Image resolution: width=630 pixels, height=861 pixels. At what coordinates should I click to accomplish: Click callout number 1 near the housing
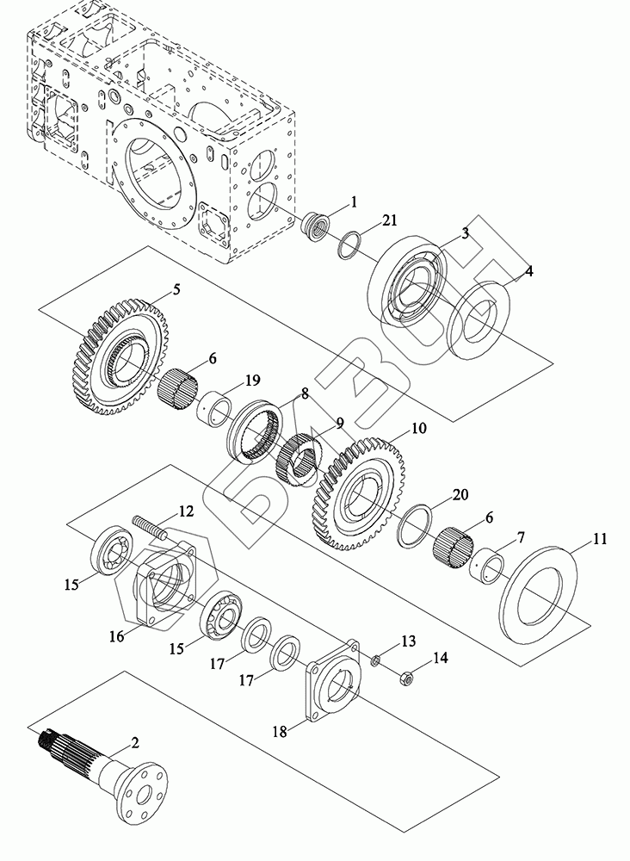[354, 202]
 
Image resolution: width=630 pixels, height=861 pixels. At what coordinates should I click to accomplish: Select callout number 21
[389, 220]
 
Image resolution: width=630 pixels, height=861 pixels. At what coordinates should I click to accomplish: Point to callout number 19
[252, 380]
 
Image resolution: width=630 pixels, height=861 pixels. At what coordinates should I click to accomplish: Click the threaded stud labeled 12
[149, 529]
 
